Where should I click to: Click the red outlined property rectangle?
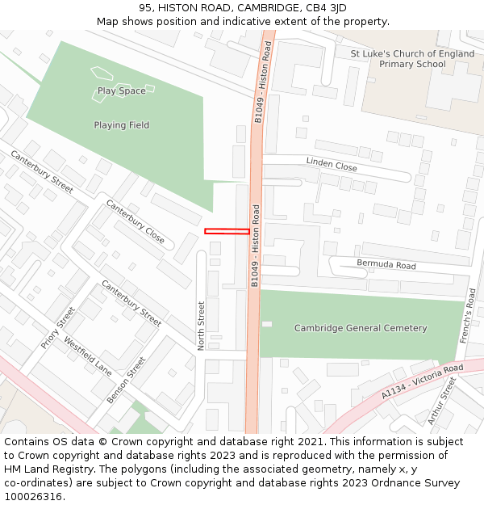[x=227, y=232]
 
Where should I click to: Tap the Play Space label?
[x=121, y=91]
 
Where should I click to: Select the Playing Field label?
[x=121, y=125]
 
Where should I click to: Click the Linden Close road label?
[x=332, y=165]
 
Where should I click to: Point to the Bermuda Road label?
[x=386, y=265]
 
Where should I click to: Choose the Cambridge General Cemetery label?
[x=361, y=328]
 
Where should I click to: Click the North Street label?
[x=202, y=326]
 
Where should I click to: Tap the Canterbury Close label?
[x=135, y=222]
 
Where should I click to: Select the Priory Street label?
[x=58, y=328]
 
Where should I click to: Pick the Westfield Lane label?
[x=87, y=357]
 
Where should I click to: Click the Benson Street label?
[x=126, y=381]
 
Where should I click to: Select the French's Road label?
[x=469, y=316]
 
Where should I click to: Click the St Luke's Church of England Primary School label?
[x=412, y=59]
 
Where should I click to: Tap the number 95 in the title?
[x=145, y=8]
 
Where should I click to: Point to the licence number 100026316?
[x=35, y=497]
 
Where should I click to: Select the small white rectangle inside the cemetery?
[x=267, y=324]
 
